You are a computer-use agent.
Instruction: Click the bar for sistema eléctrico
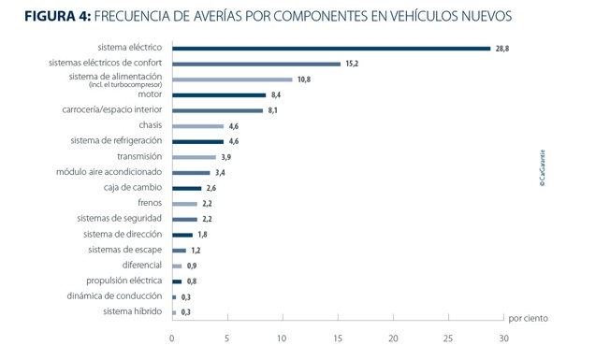pyautogui.click(x=331, y=49)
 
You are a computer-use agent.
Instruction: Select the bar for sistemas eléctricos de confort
pyautogui.click(x=256, y=64)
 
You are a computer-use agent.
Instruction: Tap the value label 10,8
pyautogui.click(x=304, y=79)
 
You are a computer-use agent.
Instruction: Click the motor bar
pyautogui.click(x=219, y=94)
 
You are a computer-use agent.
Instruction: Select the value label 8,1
pyautogui.click(x=274, y=110)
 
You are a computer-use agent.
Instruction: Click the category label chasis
pyautogui.click(x=151, y=125)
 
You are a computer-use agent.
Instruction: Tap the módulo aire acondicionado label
pyautogui.click(x=109, y=172)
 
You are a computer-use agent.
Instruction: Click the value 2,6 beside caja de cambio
pyautogui.click(x=211, y=188)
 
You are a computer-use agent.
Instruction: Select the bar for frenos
pyautogui.click(x=184, y=203)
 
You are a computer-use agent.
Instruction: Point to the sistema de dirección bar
pyautogui.click(x=182, y=235)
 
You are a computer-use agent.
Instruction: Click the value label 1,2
pyautogui.click(x=196, y=251)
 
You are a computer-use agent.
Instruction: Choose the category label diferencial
pyautogui.click(x=142, y=265)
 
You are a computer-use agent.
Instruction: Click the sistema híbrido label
pyautogui.click(x=133, y=311)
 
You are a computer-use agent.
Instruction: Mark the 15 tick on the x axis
pyautogui.click(x=338, y=338)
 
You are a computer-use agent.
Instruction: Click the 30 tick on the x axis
pyautogui.click(x=503, y=338)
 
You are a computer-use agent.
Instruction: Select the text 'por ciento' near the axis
pyautogui.click(x=528, y=318)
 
